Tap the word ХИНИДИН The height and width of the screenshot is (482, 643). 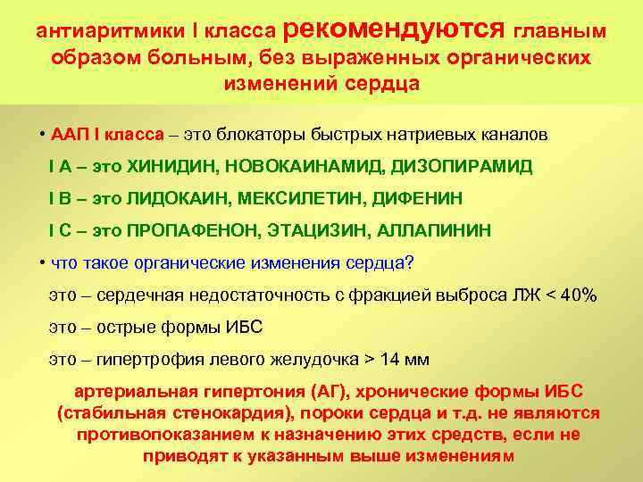(x=171, y=166)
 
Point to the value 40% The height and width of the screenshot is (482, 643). (x=576, y=295)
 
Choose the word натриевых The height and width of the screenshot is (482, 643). (x=438, y=135)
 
